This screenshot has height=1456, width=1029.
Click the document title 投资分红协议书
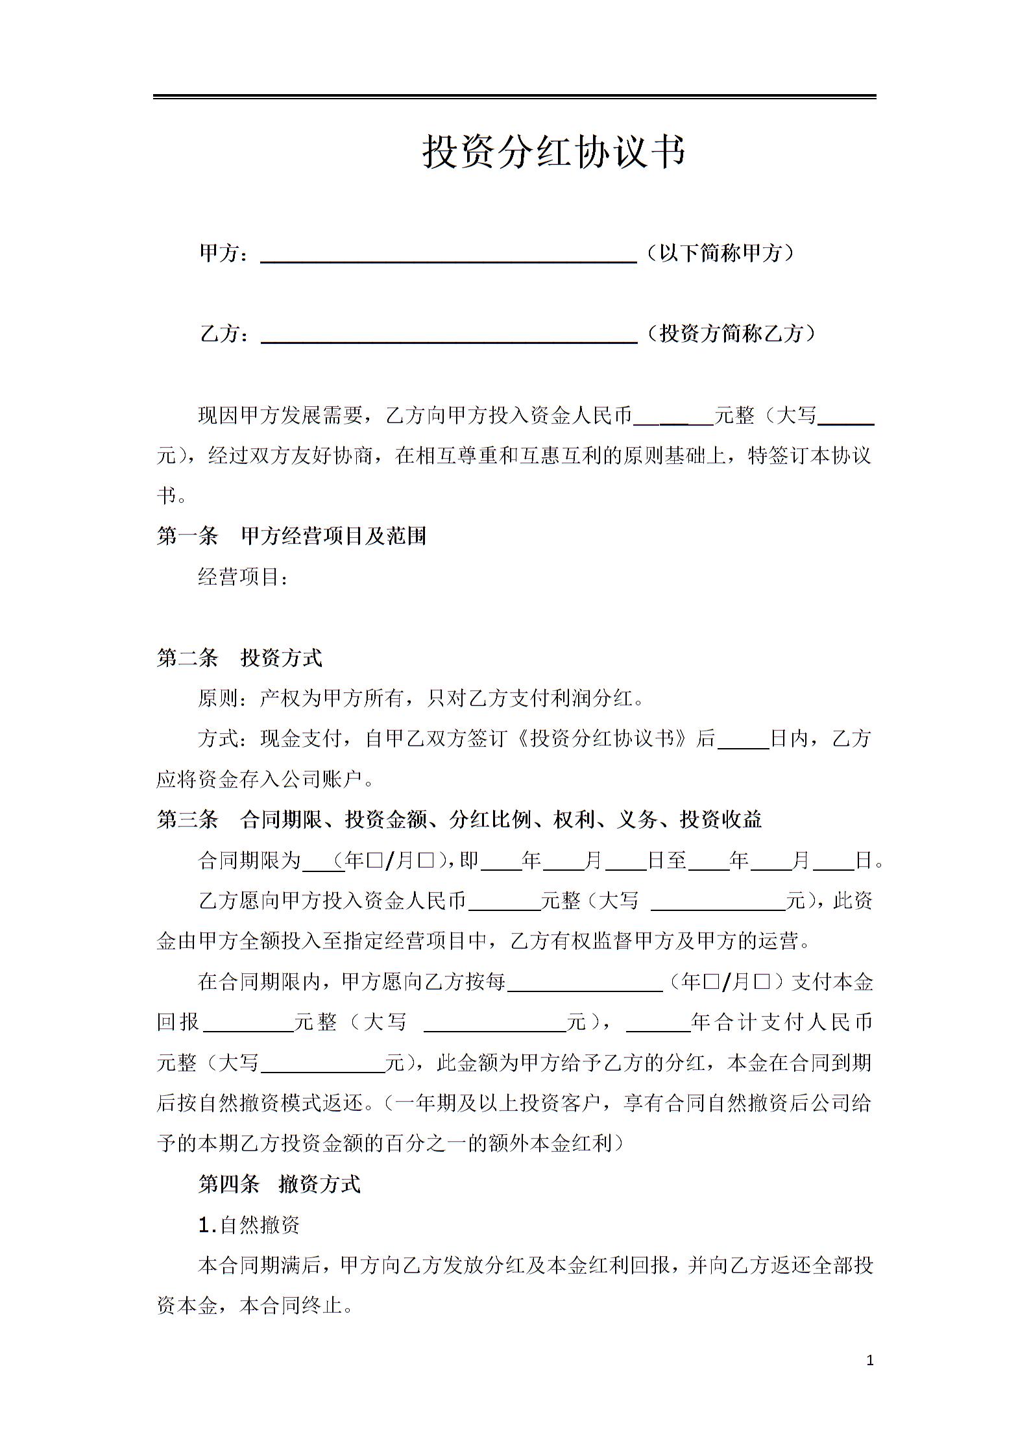click(x=553, y=152)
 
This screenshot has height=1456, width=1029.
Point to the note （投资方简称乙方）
click(x=731, y=334)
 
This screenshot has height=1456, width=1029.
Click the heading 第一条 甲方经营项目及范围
click(x=291, y=536)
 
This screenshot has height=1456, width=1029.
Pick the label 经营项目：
click(x=243, y=576)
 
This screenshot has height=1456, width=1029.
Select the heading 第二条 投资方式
click(x=239, y=658)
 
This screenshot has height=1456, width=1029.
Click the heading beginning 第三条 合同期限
click(x=459, y=820)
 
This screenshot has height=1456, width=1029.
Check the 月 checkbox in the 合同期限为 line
click(x=426, y=861)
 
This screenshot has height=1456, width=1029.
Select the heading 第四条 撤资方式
click(x=279, y=1185)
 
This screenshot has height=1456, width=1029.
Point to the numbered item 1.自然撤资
click(x=249, y=1226)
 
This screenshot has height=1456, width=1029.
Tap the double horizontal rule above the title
click(x=514, y=97)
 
